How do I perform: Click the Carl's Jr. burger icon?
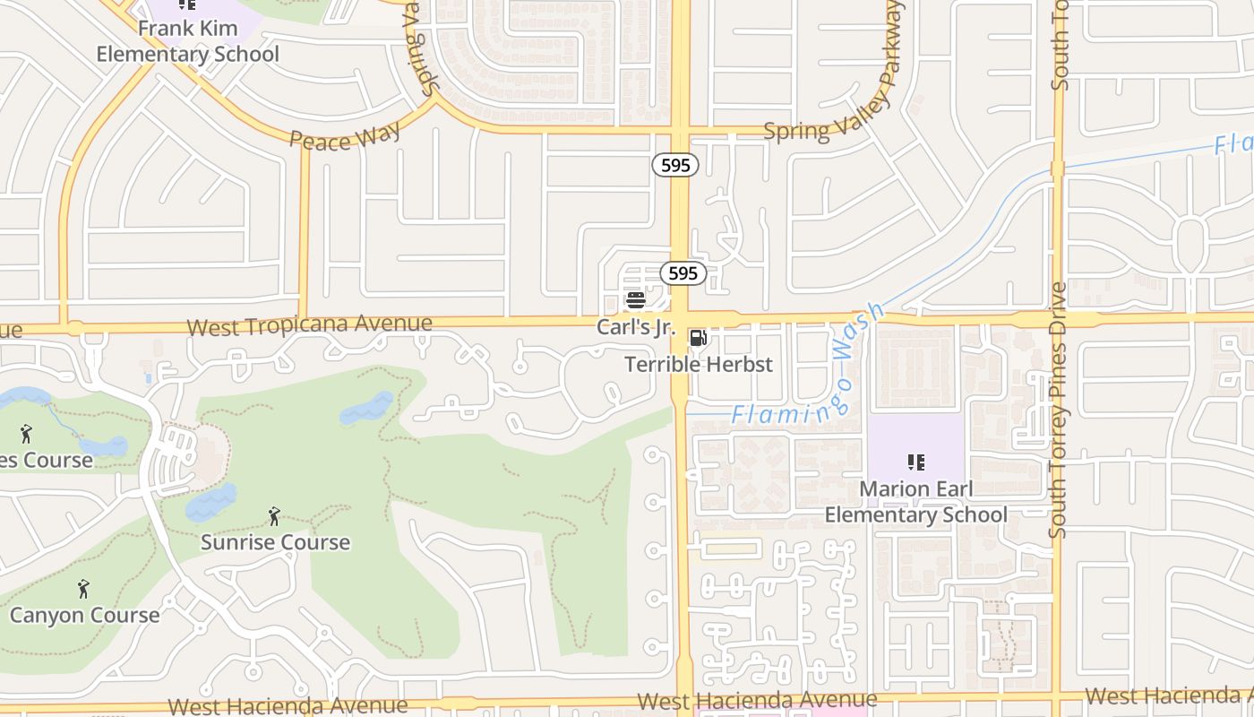click(x=636, y=300)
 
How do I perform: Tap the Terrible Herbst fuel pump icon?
click(x=698, y=338)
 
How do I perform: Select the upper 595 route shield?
click(x=674, y=165)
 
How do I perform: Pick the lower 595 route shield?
click(x=683, y=273)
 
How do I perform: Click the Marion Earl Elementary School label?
click(x=915, y=502)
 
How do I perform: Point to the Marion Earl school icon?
click(x=915, y=462)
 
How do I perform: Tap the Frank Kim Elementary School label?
click(x=188, y=41)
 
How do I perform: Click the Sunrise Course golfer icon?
click(x=274, y=516)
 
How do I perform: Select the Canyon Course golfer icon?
click(x=83, y=589)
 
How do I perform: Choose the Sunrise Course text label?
click(x=275, y=542)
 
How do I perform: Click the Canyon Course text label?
click(x=85, y=615)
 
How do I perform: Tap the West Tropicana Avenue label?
click(x=309, y=324)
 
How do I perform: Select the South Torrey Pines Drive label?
click(x=1059, y=410)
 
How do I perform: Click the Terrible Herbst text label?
click(x=699, y=364)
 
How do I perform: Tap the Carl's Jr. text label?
click(x=635, y=327)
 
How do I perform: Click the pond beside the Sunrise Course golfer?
click(x=211, y=502)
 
